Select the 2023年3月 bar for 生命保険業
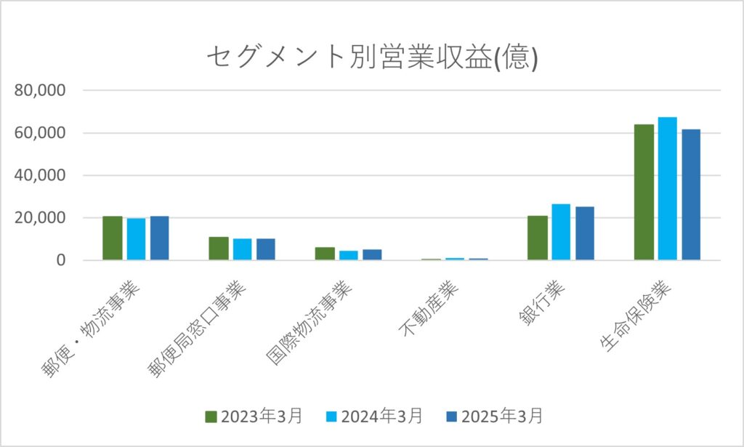tap(644, 193)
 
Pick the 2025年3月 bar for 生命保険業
tap(691, 195)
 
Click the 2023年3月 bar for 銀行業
tap(538, 238)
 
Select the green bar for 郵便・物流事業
tap(113, 238)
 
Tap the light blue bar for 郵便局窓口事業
tap(242, 249)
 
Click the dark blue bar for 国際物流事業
tap(372, 255)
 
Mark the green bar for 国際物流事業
tap(325, 254)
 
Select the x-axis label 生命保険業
tap(639, 315)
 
